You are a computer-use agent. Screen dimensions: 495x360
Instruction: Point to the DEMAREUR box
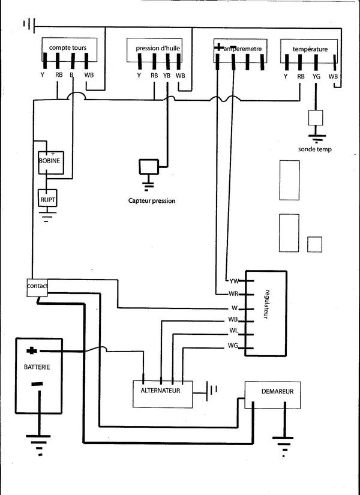pyautogui.click(x=277, y=392)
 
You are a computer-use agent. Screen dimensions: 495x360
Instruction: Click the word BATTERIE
pyautogui.click(x=37, y=366)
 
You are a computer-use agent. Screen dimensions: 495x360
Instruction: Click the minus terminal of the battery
pyautogui.click(x=37, y=385)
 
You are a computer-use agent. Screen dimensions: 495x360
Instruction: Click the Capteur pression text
pyautogui.click(x=152, y=201)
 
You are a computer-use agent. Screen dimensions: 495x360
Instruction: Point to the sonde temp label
pyautogui.click(x=314, y=149)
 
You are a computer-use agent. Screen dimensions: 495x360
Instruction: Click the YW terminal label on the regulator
pyautogui.click(x=234, y=281)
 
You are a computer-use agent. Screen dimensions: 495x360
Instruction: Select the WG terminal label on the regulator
pyautogui.click(x=233, y=346)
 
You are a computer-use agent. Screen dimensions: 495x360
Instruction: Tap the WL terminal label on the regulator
pyautogui.click(x=233, y=331)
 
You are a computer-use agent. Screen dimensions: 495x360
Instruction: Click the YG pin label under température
pyautogui.click(x=316, y=76)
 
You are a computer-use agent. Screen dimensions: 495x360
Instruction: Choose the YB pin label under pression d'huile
pyautogui.click(x=167, y=76)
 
